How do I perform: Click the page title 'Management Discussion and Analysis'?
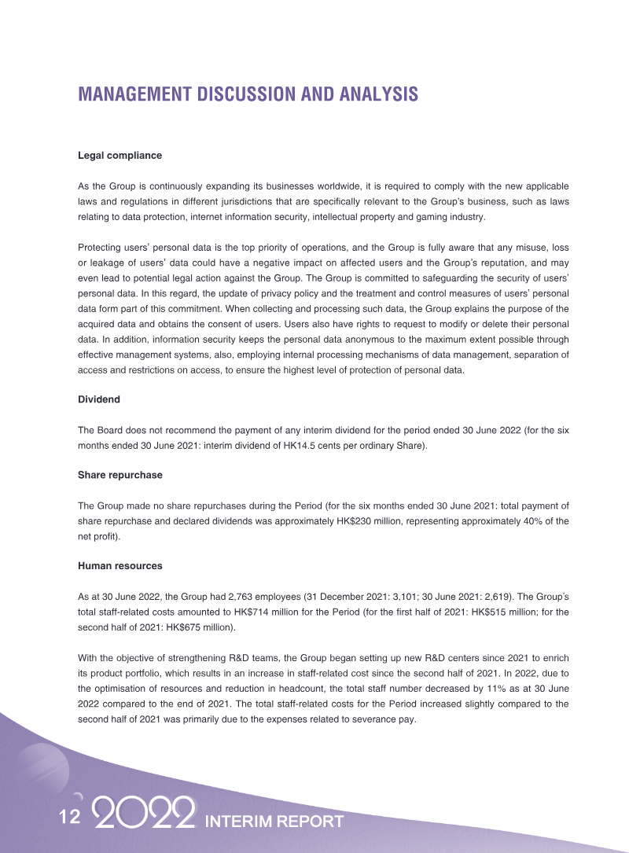point(248,94)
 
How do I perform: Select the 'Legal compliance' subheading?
point(120,155)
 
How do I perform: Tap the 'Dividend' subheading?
point(99,399)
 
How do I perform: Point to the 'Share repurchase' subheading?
point(120,476)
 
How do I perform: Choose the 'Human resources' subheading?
point(120,566)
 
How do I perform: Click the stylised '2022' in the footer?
point(144,814)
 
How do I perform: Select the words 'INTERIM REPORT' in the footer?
point(274,822)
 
